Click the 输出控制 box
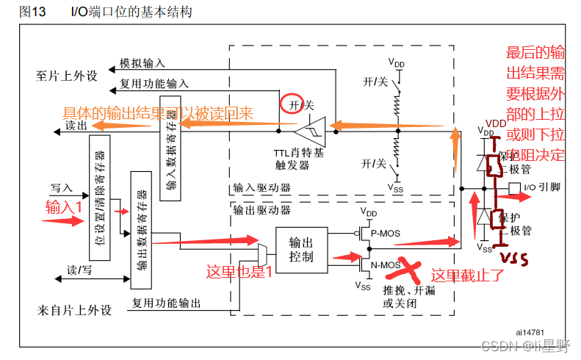301,249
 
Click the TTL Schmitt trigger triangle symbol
308,132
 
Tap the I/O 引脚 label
541,187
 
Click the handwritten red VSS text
515,258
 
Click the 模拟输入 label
142,64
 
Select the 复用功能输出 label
165,302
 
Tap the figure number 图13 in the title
33,11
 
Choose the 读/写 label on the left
79,270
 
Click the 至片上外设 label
67,76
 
